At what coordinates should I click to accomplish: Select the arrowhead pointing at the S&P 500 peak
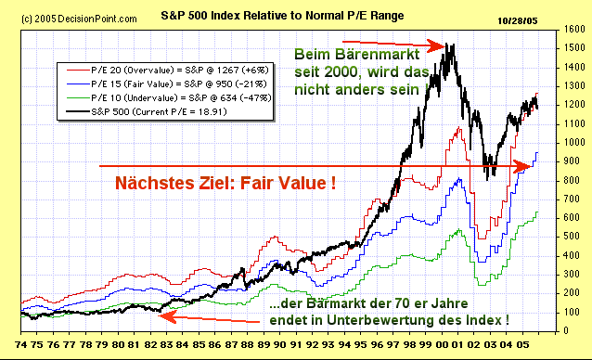pyautogui.click(x=437, y=44)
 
